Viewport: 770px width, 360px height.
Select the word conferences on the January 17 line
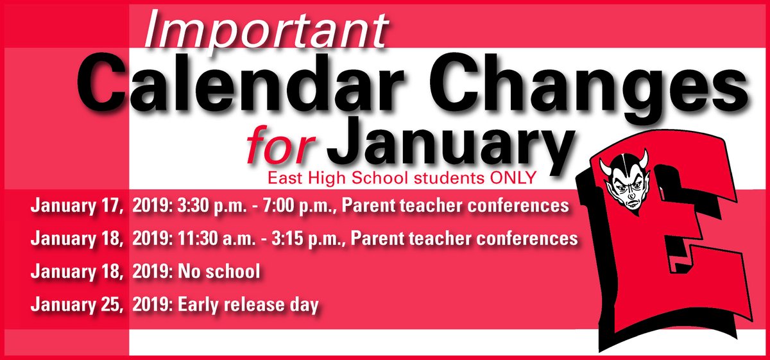(520, 207)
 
